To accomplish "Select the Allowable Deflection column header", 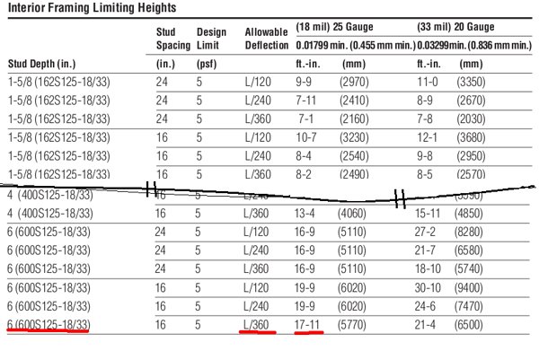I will click(x=267, y=38).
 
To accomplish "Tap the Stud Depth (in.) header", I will click(x=41, y=65).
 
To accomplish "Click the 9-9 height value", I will click(x=305, y=82).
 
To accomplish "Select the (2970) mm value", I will click(x=352, y=82).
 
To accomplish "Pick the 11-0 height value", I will click(x=427, y=82).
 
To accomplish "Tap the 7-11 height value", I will click(x=305, y=100).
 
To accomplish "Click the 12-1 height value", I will click(x=427, y=137).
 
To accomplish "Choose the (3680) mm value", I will click(x=473, y=137).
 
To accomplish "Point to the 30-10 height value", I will click(x=429, y=286).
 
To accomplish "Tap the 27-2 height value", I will click(x=427, y=231).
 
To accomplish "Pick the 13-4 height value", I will click(x=307, y=214).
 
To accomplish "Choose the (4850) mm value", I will click(x=474, y=214).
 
